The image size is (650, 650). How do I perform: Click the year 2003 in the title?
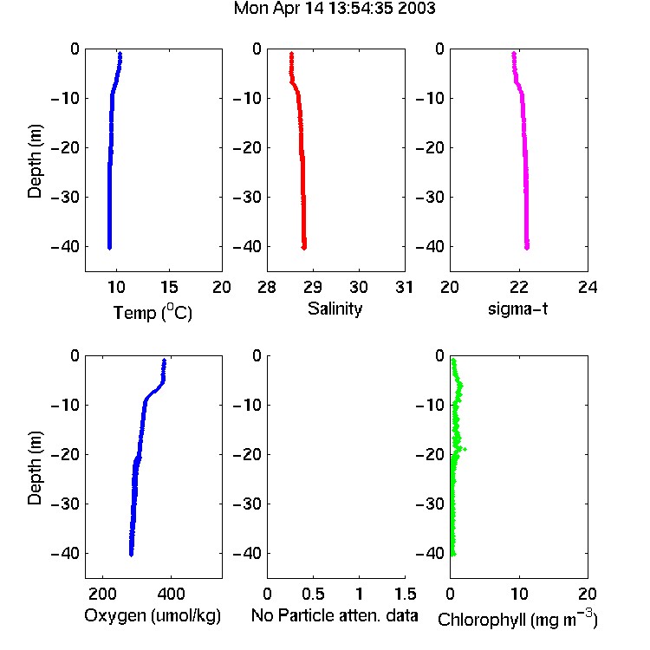[x=416, y=9]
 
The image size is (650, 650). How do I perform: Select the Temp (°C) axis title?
[x=153, y=313]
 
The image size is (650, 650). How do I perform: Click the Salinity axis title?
[x=335, y=309]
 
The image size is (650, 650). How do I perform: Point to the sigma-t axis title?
[x=517, y=309]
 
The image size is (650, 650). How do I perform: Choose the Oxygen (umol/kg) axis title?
[x=153, y=616]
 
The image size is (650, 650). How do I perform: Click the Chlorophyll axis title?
[x=517, y=619]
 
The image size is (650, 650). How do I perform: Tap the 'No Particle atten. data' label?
[x=335, y=615]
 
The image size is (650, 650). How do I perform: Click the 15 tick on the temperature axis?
[x=169, y=287]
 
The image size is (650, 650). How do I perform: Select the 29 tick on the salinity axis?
[x=313, y=287]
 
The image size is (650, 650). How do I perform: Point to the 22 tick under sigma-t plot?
[x=518, y=287]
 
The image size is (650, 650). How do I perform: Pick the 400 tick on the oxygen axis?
[x=171, y=594]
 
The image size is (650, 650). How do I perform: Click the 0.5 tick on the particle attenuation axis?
[x=313, y=594]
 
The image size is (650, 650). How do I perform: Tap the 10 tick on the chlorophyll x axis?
[x=519, y=594]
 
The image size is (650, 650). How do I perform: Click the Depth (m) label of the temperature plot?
[x=35, y=161]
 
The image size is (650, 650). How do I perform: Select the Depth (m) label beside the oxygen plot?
[x=35, y=468]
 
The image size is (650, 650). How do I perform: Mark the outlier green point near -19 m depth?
[x=465, y=449]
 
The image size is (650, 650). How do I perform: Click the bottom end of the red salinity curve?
[x=304, y=249]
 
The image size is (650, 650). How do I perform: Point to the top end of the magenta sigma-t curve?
[x=514, y=53]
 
